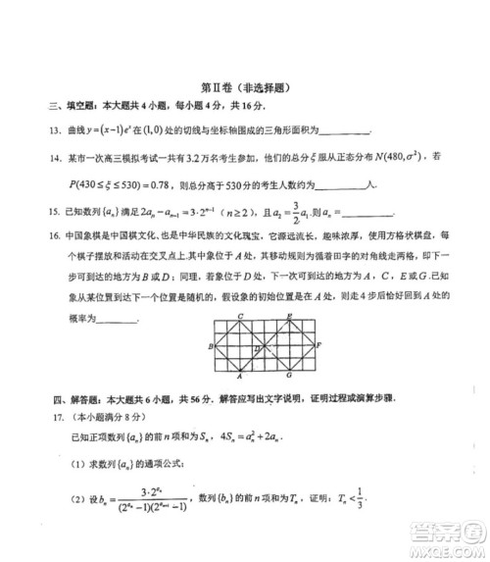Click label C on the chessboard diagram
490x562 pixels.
pos(240,315)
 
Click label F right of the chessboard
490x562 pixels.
pos(319,346)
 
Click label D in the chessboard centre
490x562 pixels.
pos(258,347)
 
